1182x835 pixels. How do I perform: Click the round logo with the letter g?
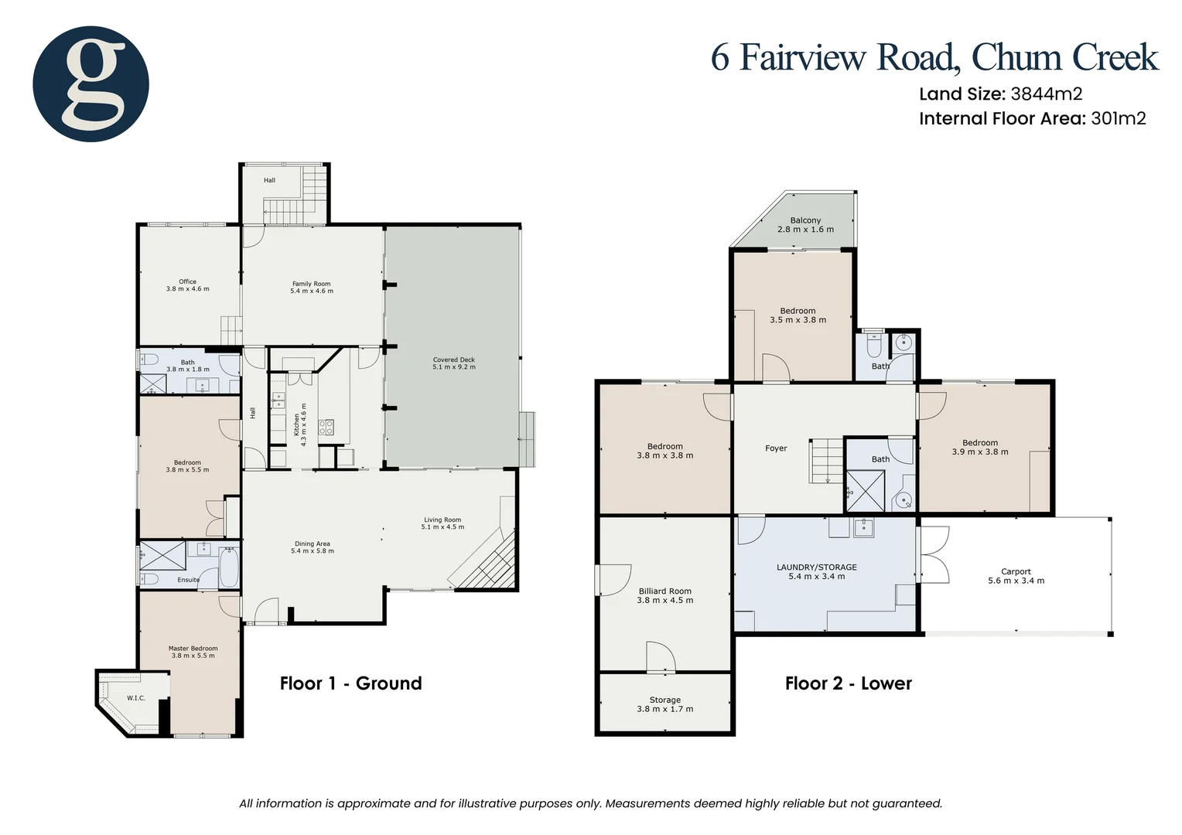coord(91,83)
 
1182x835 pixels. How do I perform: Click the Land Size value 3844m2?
coord(1046,94)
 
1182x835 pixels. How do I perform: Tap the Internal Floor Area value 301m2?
coord(1118,118)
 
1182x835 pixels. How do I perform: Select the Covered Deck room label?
coord(453,360)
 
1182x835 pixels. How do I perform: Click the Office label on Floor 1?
coord(187,281)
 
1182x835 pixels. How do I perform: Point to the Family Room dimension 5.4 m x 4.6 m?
coord(312,291)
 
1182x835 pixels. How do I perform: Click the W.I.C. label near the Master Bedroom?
coord(136,698)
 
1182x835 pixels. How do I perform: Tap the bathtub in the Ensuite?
coord(229,567)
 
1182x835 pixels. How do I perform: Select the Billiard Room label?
coord(664,591)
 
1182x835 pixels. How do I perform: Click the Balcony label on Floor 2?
coord(805,220)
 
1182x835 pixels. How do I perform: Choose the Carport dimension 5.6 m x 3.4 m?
coord(1016,581)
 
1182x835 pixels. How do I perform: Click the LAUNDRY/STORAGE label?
coord(816,567)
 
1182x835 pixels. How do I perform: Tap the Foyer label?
coord(776,448)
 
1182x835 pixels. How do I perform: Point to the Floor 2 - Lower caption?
coord(848,683)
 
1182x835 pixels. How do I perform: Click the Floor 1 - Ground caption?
coord(350,683)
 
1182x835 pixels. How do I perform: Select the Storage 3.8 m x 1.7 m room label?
coord(664,704)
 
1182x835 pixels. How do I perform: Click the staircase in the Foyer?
coord(825,461)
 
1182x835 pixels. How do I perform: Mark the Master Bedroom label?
coord(193,649)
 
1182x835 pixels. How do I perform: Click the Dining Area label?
coord(312,544)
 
